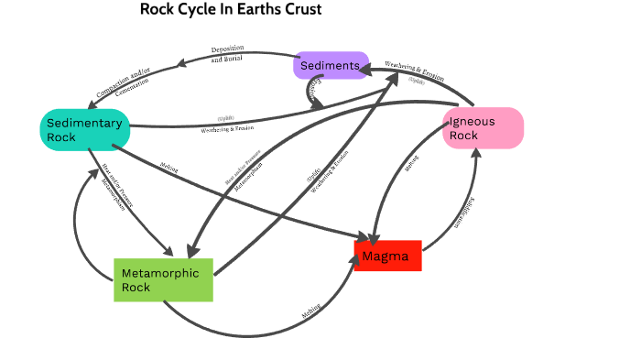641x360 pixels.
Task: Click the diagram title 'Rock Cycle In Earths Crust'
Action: pyautogui.click(x=230, y=10)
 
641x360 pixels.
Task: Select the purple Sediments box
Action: pyautogui.click(x=331, y=65)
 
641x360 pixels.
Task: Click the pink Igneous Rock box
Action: pyautogui.click(x=483, y=128)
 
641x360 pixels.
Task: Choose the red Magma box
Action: pyautogui.click(x=387, y=256)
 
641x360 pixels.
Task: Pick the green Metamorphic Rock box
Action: pyautogui.click(x=163, y=279)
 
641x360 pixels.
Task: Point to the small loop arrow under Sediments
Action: pyautogui.click(x=312, y=93)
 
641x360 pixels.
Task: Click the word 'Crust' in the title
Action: pyautogui.click(x=302, y=10)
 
